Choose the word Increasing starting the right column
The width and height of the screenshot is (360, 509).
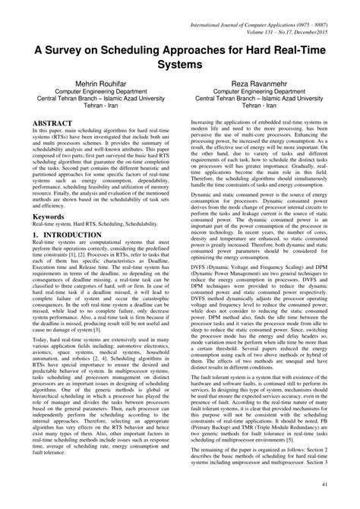pyautogui.click(x=204, y=122)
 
